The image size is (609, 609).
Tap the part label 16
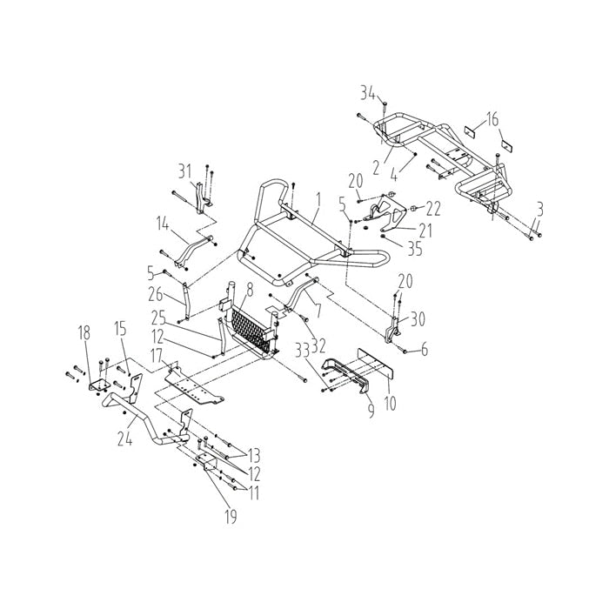[x=493, y=119]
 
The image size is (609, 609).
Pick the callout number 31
[x=184, y=169]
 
